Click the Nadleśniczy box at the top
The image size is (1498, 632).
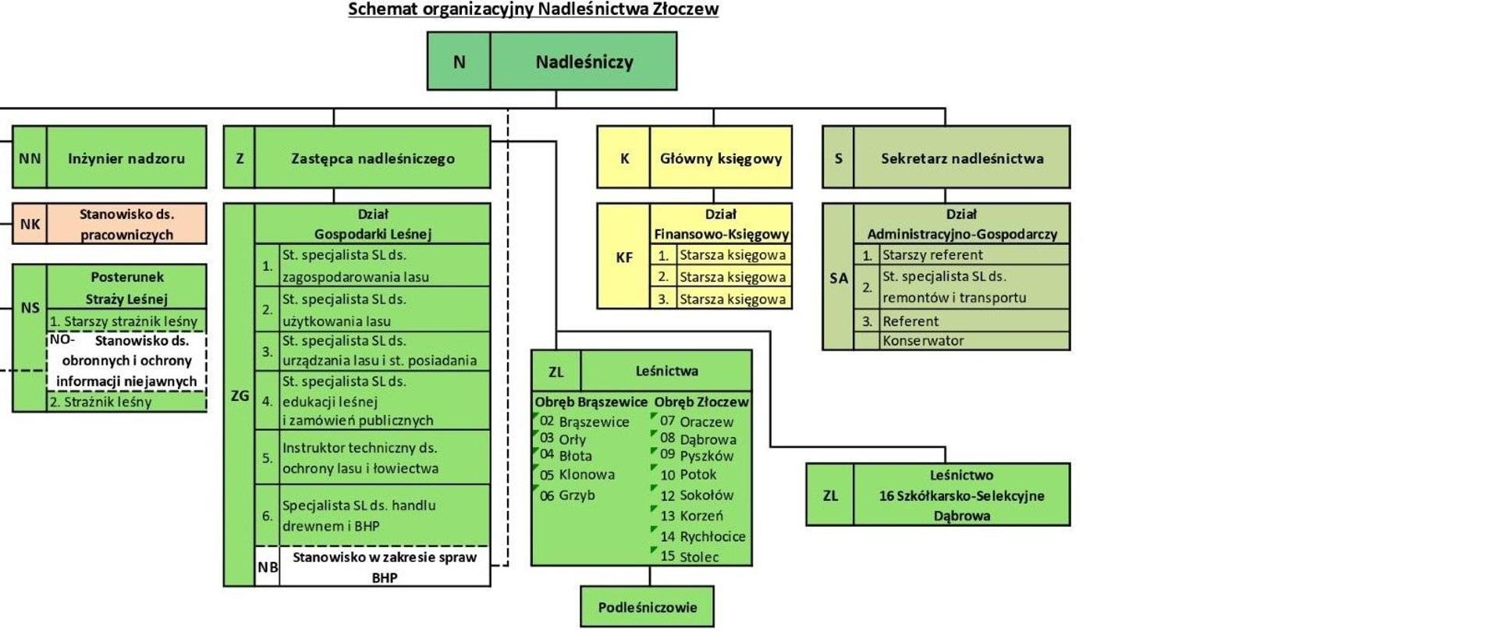coord(584,62)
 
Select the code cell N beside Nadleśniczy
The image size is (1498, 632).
coord(459,62)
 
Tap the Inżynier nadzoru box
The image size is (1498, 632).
coord(126,158)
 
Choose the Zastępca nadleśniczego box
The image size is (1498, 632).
coord(372,158)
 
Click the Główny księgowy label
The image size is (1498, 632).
coord(720,158)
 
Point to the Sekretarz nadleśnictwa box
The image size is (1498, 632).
coord(961,158)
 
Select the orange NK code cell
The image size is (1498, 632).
coord(30,224)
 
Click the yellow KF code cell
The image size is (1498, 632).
coord(623,257)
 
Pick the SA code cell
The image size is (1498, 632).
coord(838,278)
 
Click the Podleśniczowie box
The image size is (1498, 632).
coord(647,607)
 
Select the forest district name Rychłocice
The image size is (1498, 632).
coord(712,537)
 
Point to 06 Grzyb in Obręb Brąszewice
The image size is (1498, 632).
coord(567,495)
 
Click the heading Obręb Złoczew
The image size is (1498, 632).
coord(701,402)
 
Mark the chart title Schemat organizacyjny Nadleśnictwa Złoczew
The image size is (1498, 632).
coord(533,9)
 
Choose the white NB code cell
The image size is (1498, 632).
coord(267,567)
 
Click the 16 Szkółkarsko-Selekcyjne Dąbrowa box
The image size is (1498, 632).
coord(961,495)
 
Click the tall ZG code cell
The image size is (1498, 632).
coord(240,396)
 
